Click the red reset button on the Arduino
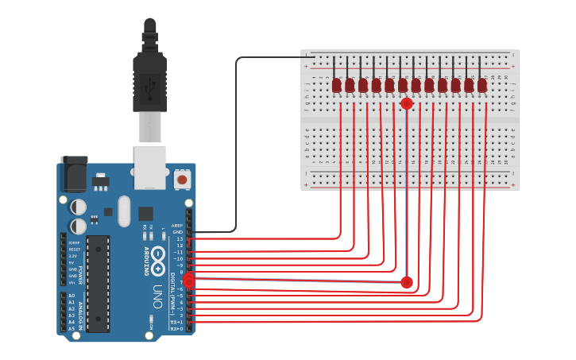tap(182, 180)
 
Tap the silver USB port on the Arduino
tap(149, 167)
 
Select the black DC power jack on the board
tap(74, 174)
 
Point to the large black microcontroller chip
tap(98, 283)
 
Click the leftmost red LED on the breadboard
tap(337, 84)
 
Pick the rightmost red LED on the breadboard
tap(482, 84)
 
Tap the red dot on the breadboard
tap(407, 103)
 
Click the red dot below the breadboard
tap(407, 282)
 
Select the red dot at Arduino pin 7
tap(189, 279)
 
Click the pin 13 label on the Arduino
tap(179, 238)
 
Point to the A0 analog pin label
tap(72, 296)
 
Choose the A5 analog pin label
tap(72, 327)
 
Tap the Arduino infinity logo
tap(159, 257)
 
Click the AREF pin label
tap(177, 225)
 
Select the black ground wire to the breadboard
tap(237, 143)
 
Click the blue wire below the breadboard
tap(408, 230)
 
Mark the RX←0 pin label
tap(177, 328)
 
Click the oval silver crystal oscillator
tap(123, 211)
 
